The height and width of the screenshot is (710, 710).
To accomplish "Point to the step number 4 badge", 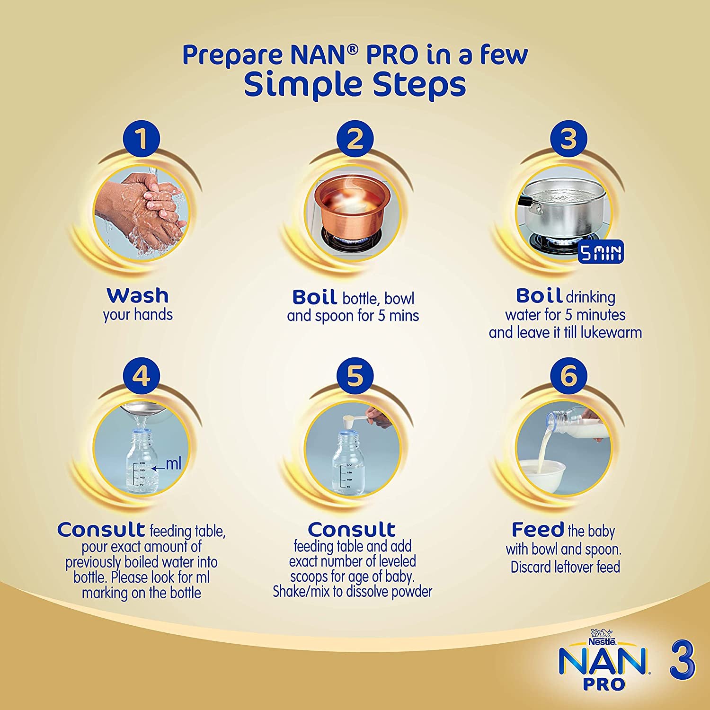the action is [x=141, y=376].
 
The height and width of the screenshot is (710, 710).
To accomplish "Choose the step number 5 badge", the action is [x=355, y=376].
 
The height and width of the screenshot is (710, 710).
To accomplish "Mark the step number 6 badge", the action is [x=568, y=376].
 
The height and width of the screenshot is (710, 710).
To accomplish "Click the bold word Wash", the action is [x=138, y=295].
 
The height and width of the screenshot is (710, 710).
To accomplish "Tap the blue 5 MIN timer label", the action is [x=601, y=253].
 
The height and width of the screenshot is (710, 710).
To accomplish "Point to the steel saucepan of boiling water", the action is [x=563, y=213].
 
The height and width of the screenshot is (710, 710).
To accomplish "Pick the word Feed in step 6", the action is [x=538, y=529].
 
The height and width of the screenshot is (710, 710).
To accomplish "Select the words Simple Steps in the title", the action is [x=355, y=84].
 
